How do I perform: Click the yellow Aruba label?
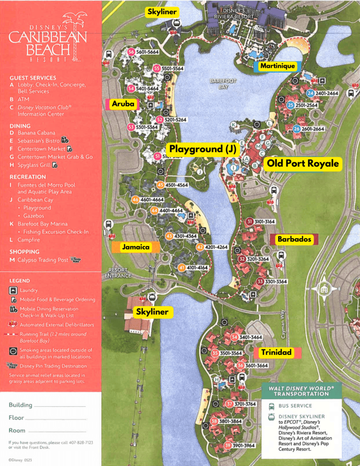click(123, 104)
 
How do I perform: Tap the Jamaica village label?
click(136, 247)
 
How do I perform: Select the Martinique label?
click(278, 66)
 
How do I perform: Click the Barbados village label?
click(294, 239)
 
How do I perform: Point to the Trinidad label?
click(276, 352)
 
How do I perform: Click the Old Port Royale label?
click(303, 163)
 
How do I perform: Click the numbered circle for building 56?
click(131, 52)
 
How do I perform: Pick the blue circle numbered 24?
click(310, 93)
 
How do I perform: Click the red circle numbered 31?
click(249, 222)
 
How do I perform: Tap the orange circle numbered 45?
click(160, 185)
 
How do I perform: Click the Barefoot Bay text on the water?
click(223, 83)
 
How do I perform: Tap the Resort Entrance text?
click(118, 273)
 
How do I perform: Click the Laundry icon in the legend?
click(13, 290)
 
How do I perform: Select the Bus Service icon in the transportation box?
click(272, 405)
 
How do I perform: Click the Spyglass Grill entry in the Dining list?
click(35, 165)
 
